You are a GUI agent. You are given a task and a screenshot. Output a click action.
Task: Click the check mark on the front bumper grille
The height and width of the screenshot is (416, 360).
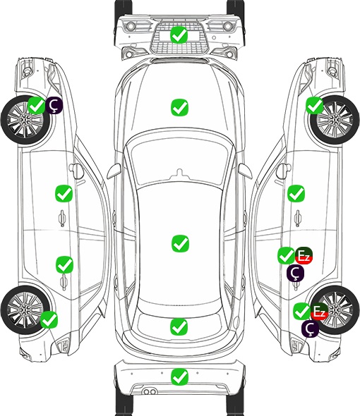coord(179,35)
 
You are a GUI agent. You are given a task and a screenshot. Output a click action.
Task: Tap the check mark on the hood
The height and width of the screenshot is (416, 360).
coord(179,107)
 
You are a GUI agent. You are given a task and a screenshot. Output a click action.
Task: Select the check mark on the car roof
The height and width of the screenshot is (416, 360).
coord(180,243)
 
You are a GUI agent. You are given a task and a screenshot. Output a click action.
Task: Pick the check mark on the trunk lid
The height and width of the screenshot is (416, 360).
coord(179,327)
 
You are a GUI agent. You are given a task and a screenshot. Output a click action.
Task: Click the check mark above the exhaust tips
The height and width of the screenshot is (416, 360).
coord(179,377)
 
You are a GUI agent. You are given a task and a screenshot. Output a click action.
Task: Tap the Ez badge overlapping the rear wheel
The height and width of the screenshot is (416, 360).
coord(319,312)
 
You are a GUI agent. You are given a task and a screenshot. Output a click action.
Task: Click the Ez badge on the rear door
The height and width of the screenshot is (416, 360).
coord(304,256)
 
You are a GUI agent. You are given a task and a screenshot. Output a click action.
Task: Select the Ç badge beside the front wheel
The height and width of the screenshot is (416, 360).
coord(54,105)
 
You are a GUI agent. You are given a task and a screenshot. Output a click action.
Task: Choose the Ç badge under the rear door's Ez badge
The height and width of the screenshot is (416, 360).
coord(296,273)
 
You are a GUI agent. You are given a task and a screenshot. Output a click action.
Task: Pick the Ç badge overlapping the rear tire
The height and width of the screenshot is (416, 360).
coord(310,329)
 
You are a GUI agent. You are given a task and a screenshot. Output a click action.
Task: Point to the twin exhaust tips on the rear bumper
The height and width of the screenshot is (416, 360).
coord(150,392)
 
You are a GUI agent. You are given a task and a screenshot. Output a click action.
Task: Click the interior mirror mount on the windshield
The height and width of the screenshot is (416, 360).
coord(180,173)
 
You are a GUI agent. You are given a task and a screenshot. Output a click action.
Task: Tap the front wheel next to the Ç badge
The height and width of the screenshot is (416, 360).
coord(25,120)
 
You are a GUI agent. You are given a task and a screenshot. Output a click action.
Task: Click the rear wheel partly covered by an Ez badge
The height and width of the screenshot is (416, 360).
coord(335,310)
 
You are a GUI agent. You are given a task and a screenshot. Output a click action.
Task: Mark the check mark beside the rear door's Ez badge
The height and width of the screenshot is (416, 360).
coord(286,256)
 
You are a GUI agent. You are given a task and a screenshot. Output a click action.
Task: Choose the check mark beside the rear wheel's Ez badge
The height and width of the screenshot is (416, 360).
coord(302,312)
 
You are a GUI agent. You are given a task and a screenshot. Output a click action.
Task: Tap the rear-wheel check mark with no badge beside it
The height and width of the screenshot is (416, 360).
coord(49,319)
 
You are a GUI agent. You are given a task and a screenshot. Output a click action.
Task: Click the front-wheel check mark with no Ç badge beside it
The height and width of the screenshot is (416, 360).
coord(315,105)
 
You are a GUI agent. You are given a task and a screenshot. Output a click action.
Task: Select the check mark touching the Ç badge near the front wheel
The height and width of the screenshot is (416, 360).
coord(37,105)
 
